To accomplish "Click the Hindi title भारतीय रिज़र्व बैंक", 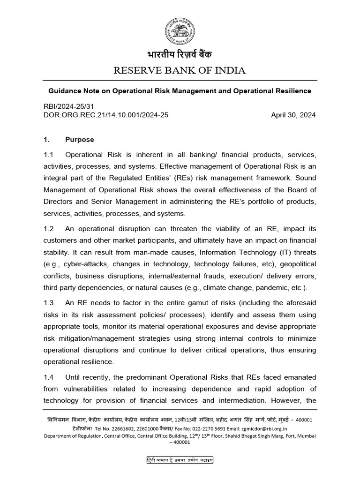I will pyautogui.click(x=180, y=55).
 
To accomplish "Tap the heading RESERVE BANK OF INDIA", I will pyautogui.click(x=180, y=71).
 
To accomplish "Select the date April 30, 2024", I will pyautogui.click(x=293, y=115).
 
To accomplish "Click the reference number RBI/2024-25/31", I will pyautogui.click(x=68, y=106).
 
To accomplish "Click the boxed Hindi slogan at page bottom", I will pyautogui.click(x=180, y=460).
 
